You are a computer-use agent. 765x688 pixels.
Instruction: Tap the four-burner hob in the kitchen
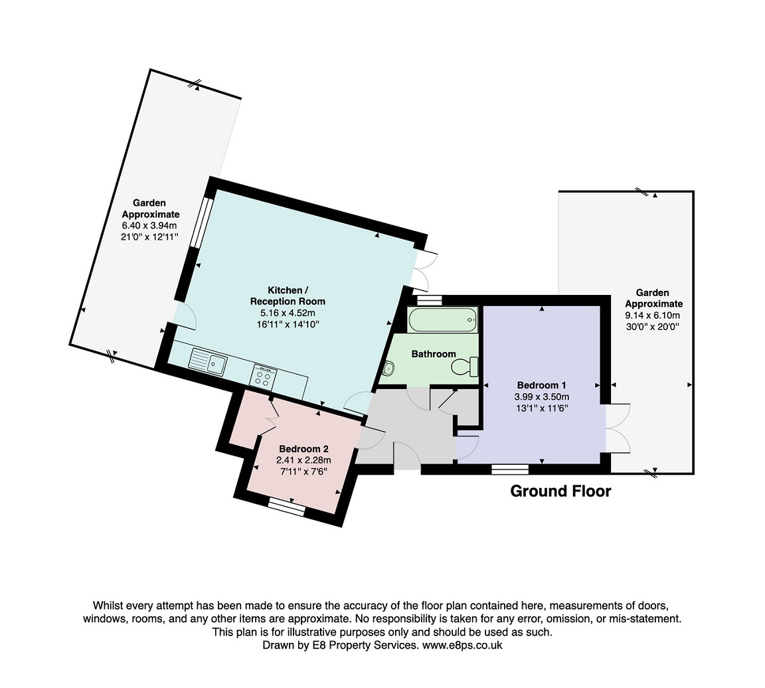[264, 377]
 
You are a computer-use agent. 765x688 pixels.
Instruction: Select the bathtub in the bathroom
[443, 319]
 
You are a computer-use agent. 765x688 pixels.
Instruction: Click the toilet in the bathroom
[465, 367]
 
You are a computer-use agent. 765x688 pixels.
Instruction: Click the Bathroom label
[434, 354]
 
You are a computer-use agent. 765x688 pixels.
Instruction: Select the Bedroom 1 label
[542, 385]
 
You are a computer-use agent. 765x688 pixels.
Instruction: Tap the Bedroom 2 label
[303, 449]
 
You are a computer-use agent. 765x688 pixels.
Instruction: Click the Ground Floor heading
[560, 491]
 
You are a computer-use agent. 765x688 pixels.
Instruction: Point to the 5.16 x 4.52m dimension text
[288, 313]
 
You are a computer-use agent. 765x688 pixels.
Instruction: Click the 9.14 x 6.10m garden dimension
[653, 315]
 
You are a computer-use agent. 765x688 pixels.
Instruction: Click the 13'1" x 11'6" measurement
[542, 408]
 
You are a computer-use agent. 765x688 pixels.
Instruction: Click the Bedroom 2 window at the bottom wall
[286, 505]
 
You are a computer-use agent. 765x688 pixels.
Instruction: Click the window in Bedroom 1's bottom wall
[510, 469]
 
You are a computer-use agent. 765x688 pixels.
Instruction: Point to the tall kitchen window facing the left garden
[201, 222]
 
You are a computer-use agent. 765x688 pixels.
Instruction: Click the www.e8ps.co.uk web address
[462, 645]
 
